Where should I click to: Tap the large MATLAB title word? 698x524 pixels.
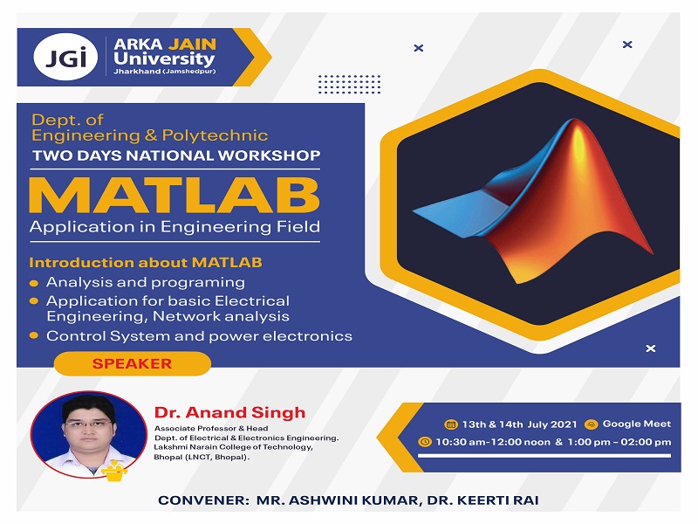pyautogui.click(x=174, y=196)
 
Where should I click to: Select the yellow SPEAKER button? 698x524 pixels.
pyautogui.click(x=133, y=363)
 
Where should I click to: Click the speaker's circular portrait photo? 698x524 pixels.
pyautogui.click(x=87, y=432)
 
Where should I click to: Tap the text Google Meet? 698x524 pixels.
pyautogui.click(x=637, y=424)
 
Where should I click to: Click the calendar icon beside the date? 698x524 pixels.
pyautogui.click(x=450, y=424)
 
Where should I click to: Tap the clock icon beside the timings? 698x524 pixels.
pyautogui.click(x=425, y=442)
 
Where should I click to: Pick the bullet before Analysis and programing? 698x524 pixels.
pyautogui.click(x=34, y=283)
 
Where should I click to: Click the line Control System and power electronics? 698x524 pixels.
pyautogui.click(x=199, y=335)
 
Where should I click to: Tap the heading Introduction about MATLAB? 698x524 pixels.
pyautogui.click(x=146, y=262)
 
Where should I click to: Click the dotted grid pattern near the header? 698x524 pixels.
pyautogui.click(x=350, y=84)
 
